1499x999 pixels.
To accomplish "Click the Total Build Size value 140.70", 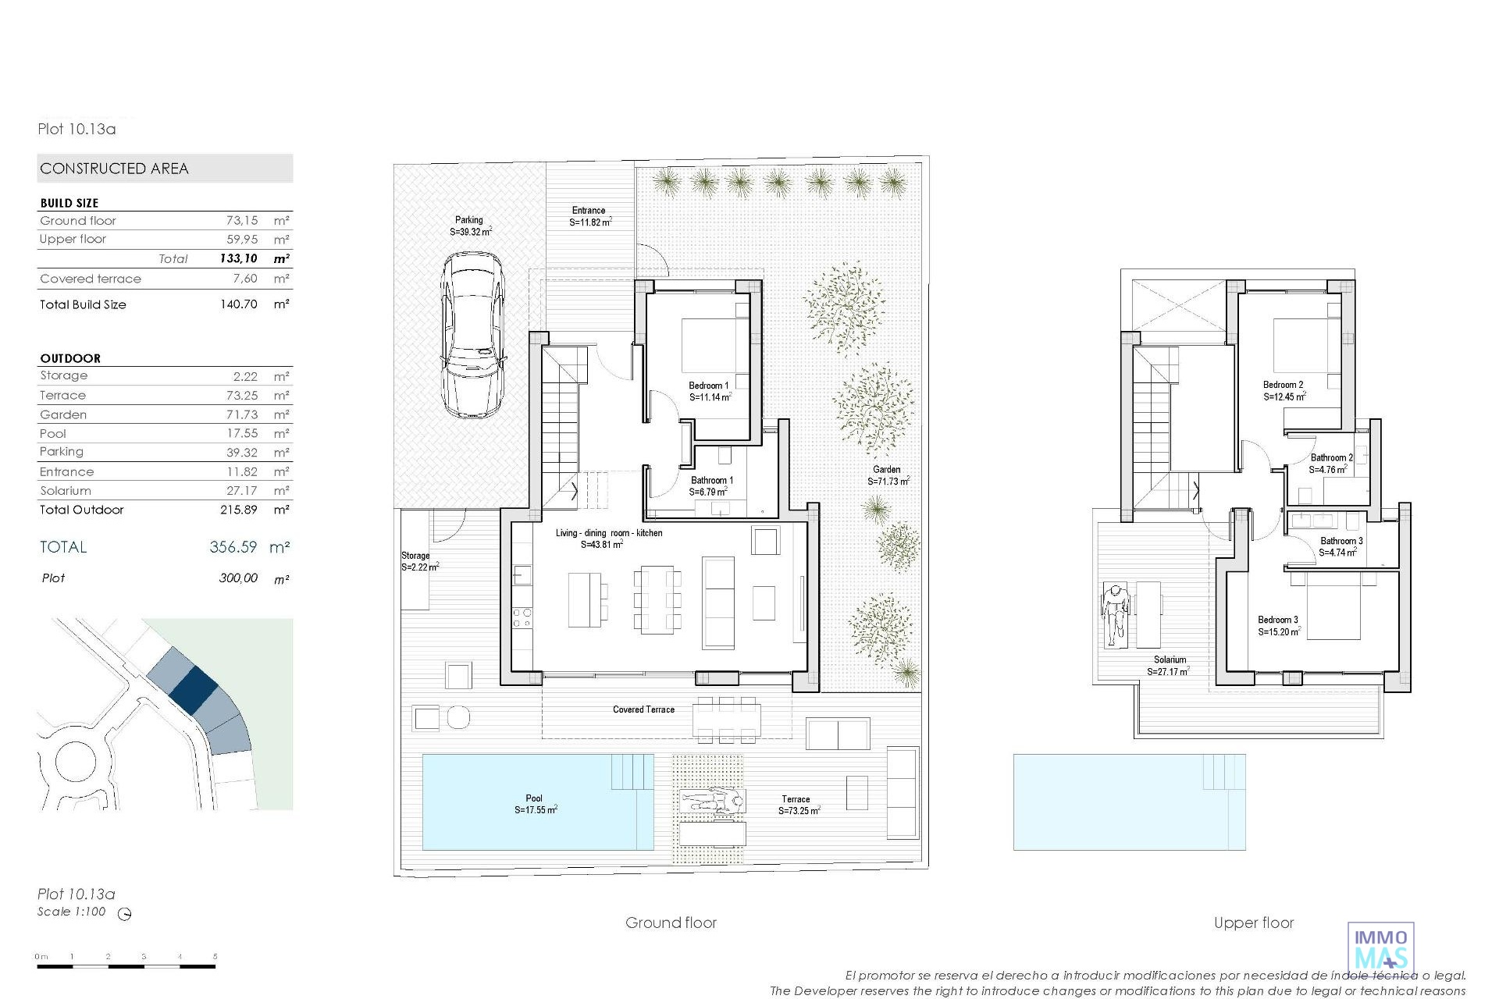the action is point(239,304).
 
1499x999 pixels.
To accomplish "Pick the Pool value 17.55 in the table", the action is point(242,433).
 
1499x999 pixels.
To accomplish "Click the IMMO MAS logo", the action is point(1381,948).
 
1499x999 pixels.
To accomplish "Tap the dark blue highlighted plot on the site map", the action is point(193,688).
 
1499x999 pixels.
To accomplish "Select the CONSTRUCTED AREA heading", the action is point(114,169).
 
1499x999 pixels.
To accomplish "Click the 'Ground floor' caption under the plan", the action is point(671,923).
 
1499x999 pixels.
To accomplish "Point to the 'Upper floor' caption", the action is point(1254,923).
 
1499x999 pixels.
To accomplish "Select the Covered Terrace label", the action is point(643,709).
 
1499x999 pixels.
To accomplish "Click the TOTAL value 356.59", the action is point(233,547).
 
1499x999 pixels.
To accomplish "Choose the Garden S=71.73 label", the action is point(888,475).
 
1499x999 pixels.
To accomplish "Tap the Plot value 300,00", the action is point(238,578).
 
